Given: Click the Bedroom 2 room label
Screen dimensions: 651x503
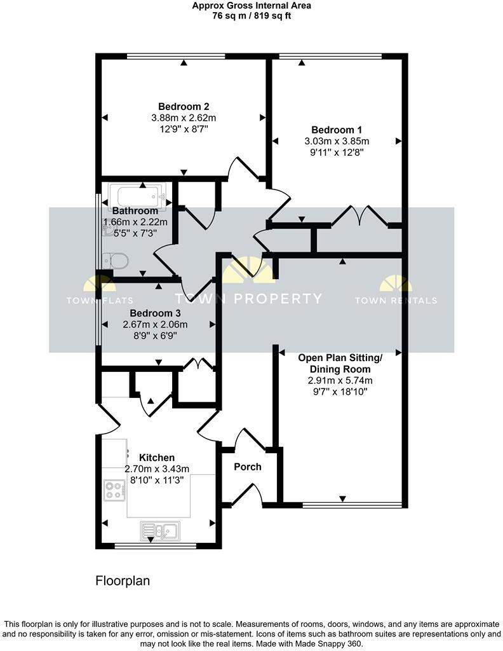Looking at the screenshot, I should pos(184,106).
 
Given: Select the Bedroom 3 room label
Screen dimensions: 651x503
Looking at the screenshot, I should pos(155,313).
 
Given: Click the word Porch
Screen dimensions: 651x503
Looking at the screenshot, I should pos(248,467).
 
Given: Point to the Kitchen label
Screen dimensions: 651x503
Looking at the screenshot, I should pos(157,458).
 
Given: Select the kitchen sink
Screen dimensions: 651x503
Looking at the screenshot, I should pos(160,530).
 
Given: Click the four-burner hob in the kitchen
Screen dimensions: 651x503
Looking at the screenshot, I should pos(114,490).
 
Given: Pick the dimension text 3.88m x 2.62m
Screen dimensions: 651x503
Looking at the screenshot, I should pos(184,118).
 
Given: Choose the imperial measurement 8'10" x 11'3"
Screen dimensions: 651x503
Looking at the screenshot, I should pos(157,481).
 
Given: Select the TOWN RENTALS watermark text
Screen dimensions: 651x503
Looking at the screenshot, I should pos(396,301).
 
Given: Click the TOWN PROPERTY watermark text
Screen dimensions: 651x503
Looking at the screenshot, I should pos(248,299).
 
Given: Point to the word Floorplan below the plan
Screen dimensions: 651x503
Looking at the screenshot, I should pos(123,580).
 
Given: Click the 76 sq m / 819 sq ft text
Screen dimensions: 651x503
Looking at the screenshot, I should pos(252,16).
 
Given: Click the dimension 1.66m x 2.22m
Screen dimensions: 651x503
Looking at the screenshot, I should pos(135,222).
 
